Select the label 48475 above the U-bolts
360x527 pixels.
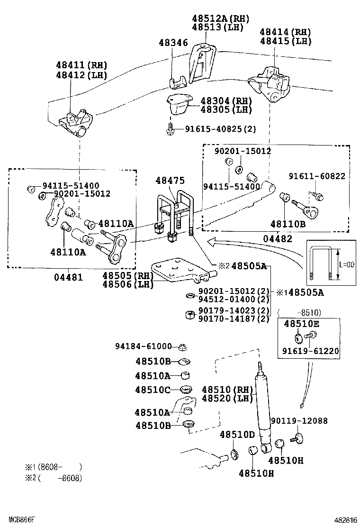coord(171,181)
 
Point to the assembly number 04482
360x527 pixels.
coord(278,239)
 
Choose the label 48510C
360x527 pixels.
coord(153,390)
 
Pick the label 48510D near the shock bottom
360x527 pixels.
coord(237,435)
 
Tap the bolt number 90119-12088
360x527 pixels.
coord(299,420)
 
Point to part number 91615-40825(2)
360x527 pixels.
coord(220,128)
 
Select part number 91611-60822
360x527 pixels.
coord(317,176)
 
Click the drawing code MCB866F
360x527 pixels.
coord(18,520)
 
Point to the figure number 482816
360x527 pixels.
coord(344,520)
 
